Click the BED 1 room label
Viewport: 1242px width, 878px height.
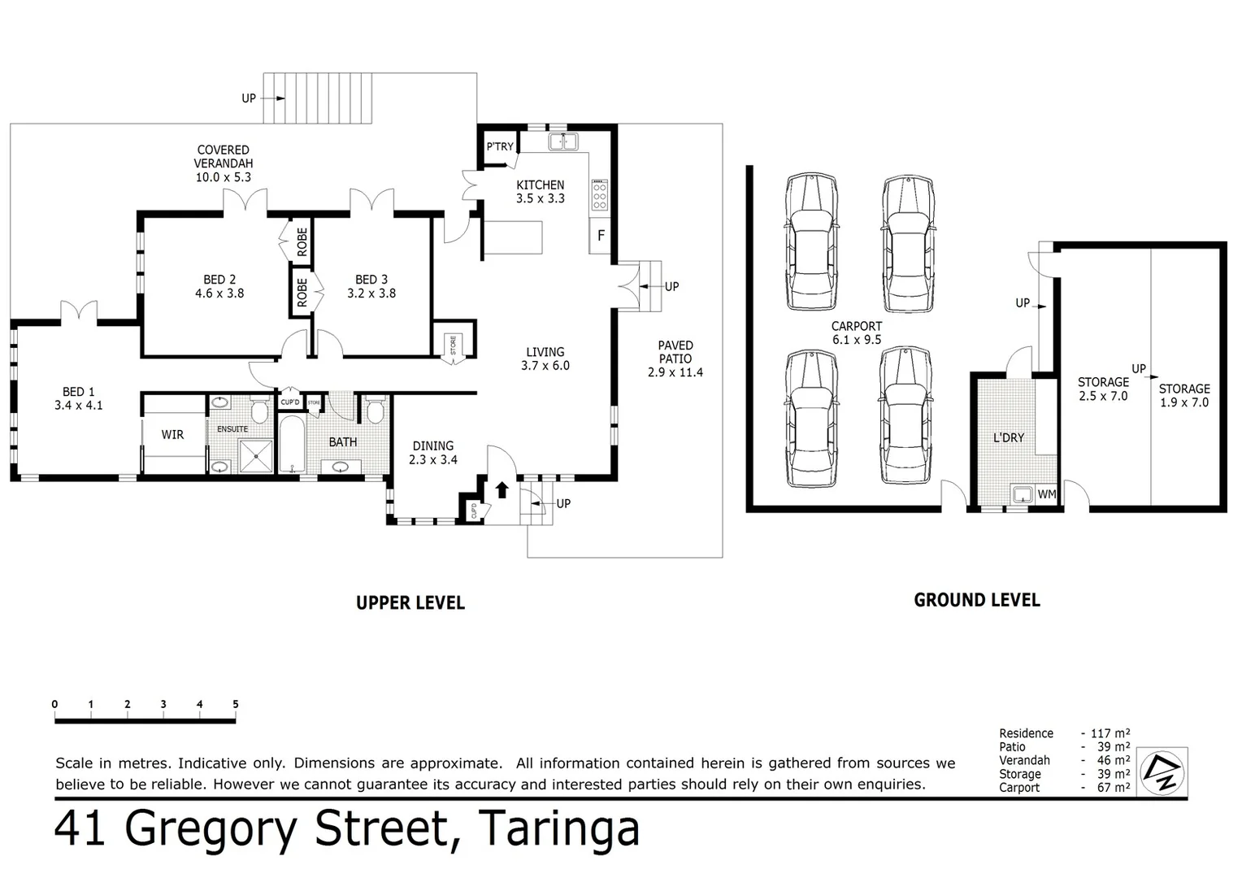click(x=78, y=398)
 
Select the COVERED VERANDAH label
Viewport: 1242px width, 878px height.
click(x=223, y=163)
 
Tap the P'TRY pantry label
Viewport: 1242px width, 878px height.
click(x=499, y=146)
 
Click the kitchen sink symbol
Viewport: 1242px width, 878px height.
click(x=562, y=142)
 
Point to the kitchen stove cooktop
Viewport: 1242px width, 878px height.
click(x=600, y=196)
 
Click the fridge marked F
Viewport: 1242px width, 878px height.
click(x=601, y=236)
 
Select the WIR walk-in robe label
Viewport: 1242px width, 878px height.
click(x=172, y=435)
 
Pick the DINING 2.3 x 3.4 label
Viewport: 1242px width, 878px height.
click(x=432, y=453)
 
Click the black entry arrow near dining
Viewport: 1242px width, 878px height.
click(x=502, y=489)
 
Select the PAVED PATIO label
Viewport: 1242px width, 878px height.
click(x=675, y=359)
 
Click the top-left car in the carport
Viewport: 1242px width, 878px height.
click(x=810, y=241)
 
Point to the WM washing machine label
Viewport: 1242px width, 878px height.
click(x=1046, y=493)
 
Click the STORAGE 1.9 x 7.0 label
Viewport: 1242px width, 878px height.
click(x=1183, y=396)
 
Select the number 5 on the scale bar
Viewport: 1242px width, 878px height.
click(x=236, y=705)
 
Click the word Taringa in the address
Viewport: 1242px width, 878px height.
click(x=558, y=829)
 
